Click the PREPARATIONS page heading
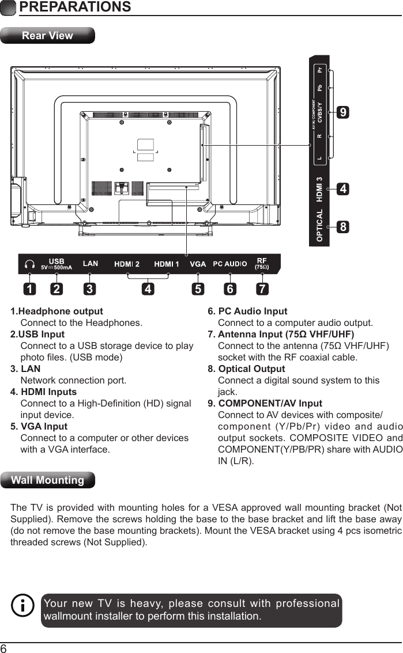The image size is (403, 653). (x=74, y=7)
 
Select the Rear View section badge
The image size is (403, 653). (x=47, y=36)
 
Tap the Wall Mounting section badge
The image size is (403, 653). (x=48, y=480)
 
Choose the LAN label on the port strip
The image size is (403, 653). (x=91, y=264)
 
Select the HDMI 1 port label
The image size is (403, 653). (x=167, y=264)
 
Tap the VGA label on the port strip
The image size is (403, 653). (x=198, y=264)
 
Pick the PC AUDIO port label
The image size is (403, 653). (x=230, y=264)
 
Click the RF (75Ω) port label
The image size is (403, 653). (x=262, y=264)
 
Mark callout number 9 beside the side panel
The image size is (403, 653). (x=343, y=113)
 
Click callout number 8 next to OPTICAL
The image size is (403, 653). (x=343, y=227)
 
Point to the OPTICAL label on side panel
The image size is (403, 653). (x=319, y=226)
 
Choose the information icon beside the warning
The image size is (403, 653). (x=23, y=606)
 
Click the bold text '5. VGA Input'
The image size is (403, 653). (x=39, y=427)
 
